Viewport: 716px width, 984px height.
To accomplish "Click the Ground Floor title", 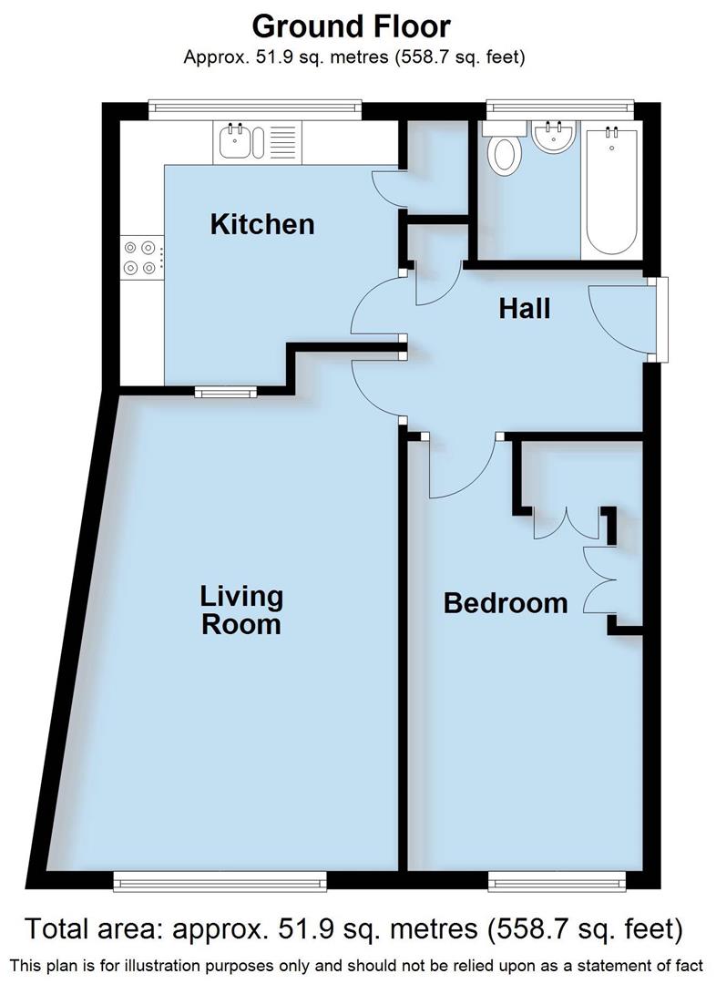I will point(351,25).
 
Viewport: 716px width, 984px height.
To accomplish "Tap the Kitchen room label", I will point(261,224).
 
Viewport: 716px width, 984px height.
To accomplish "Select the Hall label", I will point(525,309).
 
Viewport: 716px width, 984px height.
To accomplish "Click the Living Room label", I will point(241,610).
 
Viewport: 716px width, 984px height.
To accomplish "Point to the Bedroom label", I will point(505,602).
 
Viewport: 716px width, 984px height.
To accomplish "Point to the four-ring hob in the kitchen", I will point(142,256).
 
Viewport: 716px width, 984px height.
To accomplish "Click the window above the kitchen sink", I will point(255,107).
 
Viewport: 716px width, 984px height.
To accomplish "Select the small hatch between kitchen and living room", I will point(226,392).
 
